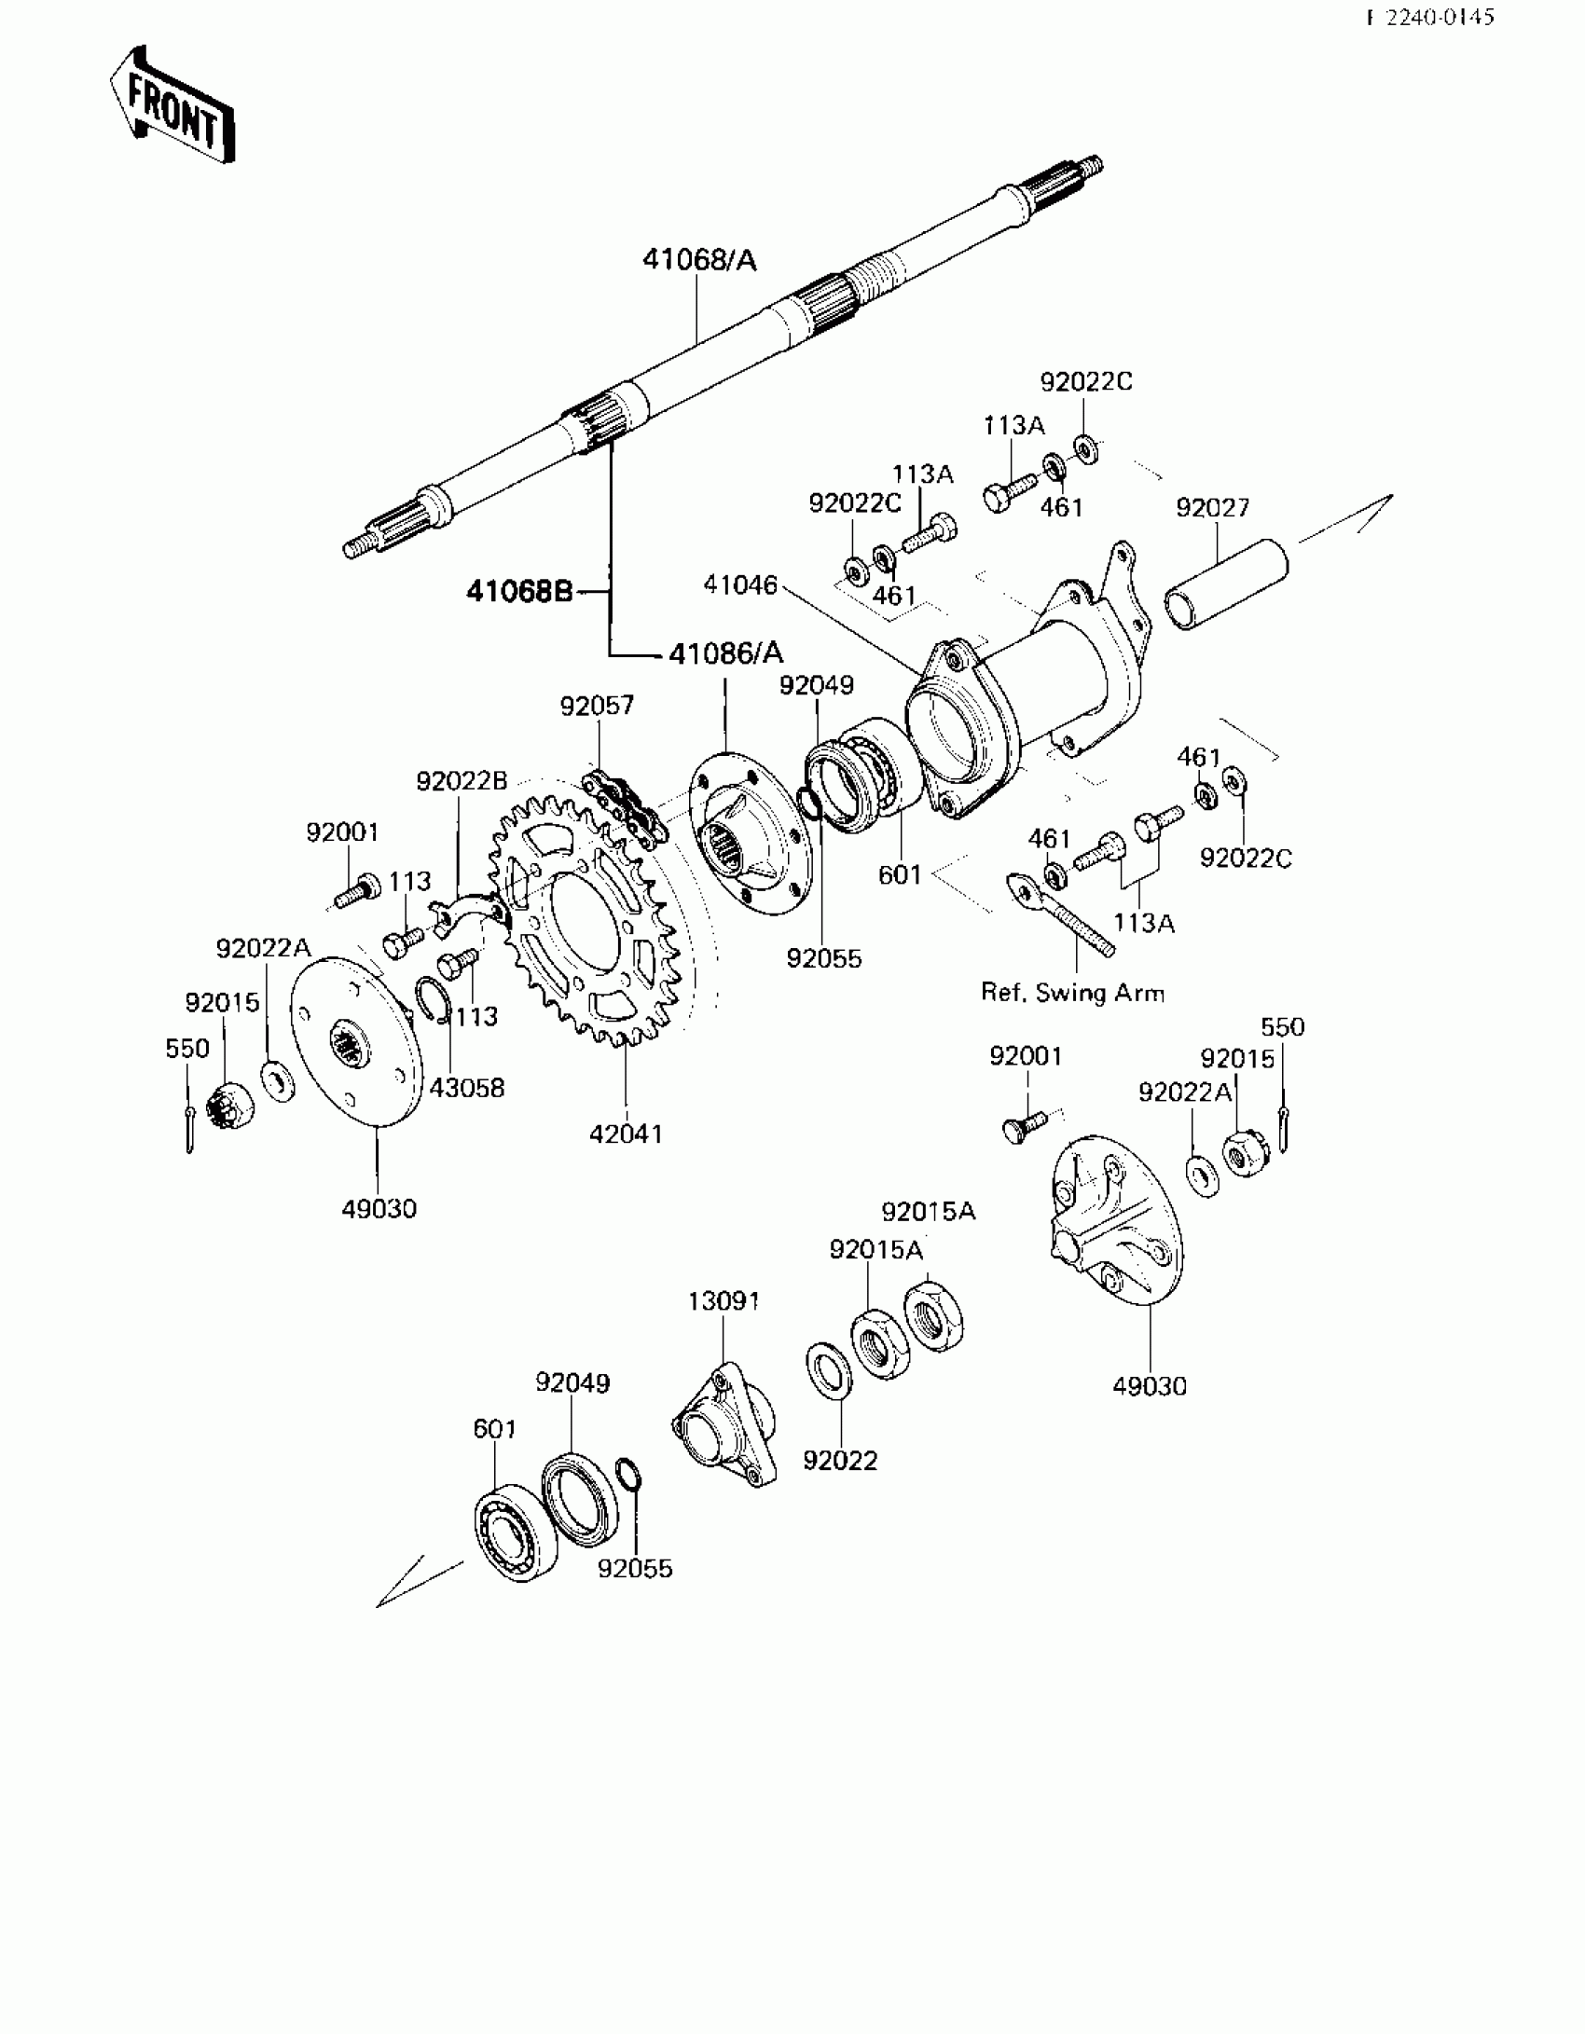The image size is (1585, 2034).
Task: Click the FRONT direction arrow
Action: [172, 105]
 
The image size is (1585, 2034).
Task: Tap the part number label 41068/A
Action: [699, 260]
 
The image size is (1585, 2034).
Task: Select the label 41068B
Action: [519, 591]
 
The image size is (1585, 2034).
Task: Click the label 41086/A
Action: [726, 653]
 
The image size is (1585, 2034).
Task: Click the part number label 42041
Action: [626, 1134]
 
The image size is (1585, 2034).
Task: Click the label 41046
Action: [740, 584]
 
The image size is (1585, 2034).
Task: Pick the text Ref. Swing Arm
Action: [1072, 992]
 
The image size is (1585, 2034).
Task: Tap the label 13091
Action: [724, 1300]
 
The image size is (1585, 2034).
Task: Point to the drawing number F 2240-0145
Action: [1430, 18]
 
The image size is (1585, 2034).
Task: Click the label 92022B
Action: [462, 781]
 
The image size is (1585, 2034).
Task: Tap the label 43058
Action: [467, 1087]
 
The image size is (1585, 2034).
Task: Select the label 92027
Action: [1212, 508]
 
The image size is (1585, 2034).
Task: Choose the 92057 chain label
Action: [597, 706]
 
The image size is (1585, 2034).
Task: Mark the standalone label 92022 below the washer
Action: [840, 1461]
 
